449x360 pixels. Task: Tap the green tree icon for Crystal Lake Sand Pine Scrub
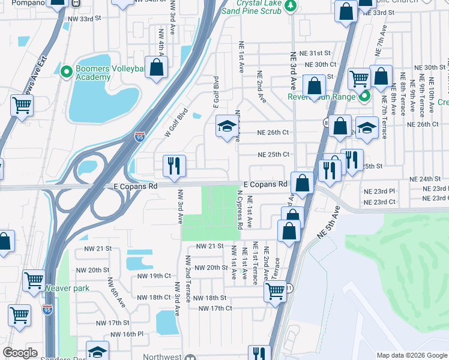(x=291, y=5)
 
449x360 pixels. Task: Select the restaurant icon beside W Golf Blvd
(x=174, y=166)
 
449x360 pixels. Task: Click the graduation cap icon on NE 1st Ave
(x=227, y=127)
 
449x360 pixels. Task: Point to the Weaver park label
(x=67, y=288)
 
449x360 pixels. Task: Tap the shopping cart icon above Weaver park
(x=34, y=280)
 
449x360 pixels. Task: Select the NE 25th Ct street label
(x=273, y=154)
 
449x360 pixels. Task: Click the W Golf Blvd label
(x=177, y=122)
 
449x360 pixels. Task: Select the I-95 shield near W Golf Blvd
(x=139, y=137)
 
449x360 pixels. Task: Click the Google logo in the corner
(x=20, y=353)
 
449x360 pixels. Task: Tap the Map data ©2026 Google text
(x=411, y=355)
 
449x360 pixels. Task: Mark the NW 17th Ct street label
(x=215, y=308)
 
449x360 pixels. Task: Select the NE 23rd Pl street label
(x=379, y=190)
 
